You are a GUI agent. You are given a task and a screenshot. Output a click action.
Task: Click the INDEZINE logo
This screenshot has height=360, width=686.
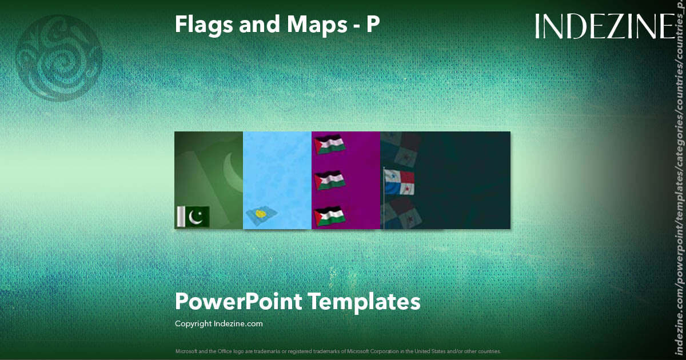point(605,27)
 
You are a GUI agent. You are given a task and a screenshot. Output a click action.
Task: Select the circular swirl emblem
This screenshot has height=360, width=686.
point(59,58)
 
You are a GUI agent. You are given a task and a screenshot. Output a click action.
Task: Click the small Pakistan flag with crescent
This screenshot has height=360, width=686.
point(193,217)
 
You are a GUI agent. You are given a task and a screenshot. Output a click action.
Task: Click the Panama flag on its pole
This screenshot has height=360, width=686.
point(400,182)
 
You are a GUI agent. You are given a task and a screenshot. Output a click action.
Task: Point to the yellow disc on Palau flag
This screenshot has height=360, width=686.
point(260,214)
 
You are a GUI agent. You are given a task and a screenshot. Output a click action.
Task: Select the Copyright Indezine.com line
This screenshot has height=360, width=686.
point(219,323)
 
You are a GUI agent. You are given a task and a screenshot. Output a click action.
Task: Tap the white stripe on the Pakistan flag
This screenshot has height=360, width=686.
point(180,217)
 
